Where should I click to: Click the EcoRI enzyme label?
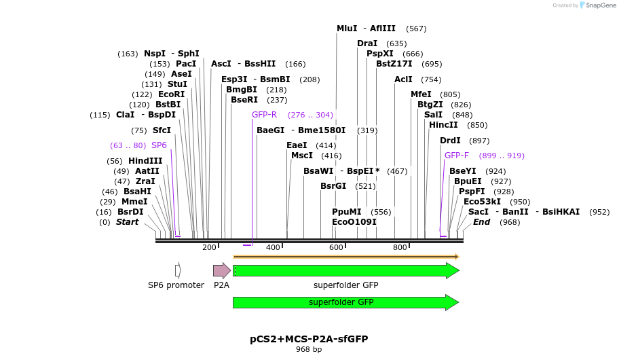(171, 94)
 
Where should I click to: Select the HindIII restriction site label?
(145, 161)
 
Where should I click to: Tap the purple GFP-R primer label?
(264, 115)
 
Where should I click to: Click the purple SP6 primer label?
(159, 145)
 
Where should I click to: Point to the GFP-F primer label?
(456, 156)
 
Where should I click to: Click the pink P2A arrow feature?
(221, 270)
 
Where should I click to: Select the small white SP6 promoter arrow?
(178, 270)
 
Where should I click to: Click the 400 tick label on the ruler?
(273, 247)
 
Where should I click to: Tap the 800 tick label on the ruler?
(400, 247)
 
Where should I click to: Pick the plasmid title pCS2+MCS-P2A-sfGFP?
(309, 338)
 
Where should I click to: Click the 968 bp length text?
(309, 349)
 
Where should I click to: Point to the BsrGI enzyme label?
(333, 186)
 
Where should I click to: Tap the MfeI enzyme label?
(421, 94)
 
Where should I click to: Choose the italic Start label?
(127, 222)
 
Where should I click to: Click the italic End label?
(481, 222)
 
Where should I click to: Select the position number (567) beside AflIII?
(416, 29)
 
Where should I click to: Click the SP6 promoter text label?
(176, 285)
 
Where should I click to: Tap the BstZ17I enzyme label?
(394, 64)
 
